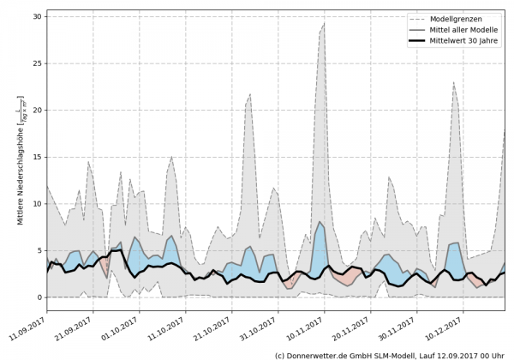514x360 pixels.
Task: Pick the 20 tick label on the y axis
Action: click(x=37, y=111)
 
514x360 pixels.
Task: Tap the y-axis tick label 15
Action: click(x=37, y=157)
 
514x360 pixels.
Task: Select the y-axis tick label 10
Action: click(x=37, y=204)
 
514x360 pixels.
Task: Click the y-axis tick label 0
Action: click(x=39, y=297)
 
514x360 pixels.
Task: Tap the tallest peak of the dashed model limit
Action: click(x=324, y=23)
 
